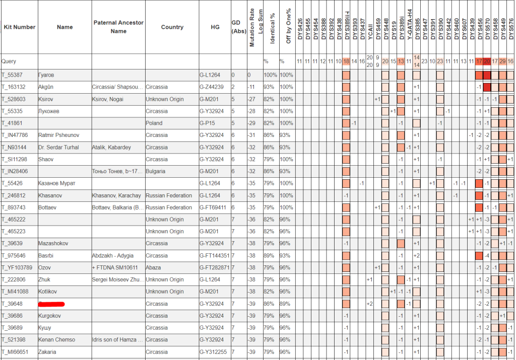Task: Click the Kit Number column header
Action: tap(19, 27)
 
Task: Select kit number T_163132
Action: tap(14, 87)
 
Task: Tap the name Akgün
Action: tap(46, 87)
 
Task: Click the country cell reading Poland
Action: tap(154, 123)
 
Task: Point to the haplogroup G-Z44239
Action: tap(212, 87)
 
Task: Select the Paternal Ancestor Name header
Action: tap(118, 27)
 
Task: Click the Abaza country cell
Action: tap(154, 267)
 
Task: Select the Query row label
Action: tap(9, 61)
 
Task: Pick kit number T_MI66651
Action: tap(15, 352)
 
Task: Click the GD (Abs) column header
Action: tap(238, 27)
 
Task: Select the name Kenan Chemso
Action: tap(56, 340)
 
